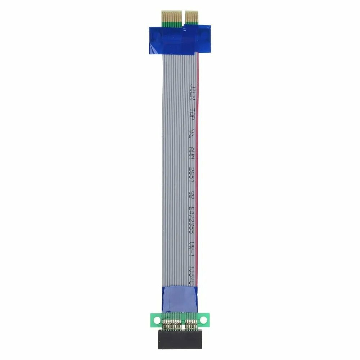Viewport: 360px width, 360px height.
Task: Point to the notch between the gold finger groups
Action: coord(184,16)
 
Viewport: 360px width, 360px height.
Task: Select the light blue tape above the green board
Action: coord(179,298)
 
